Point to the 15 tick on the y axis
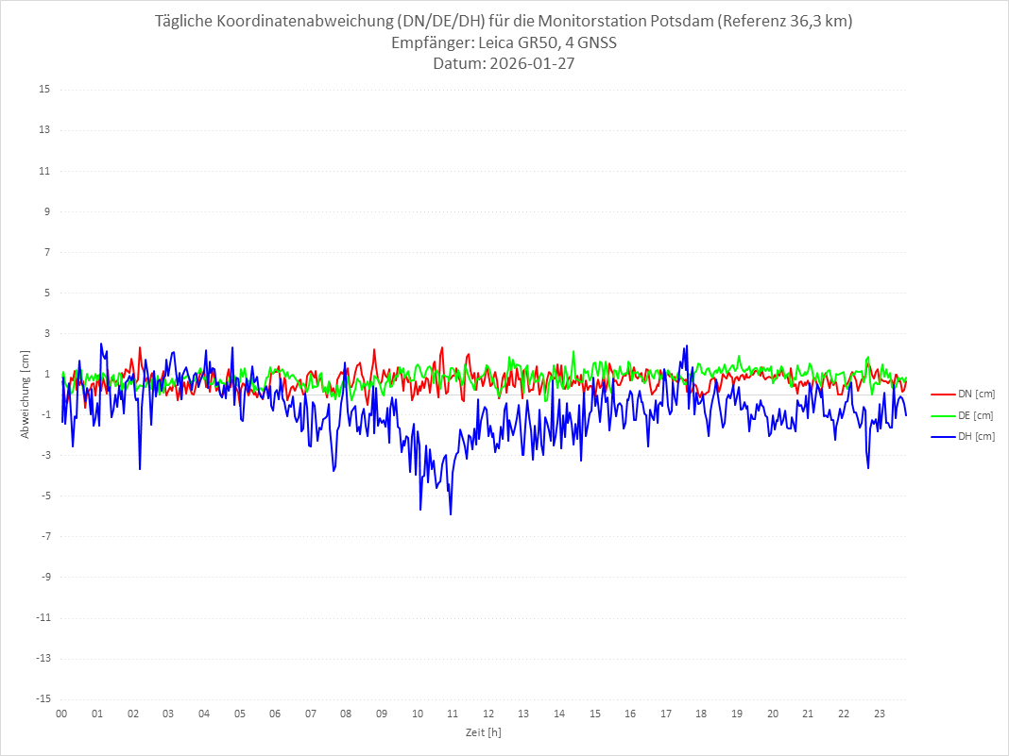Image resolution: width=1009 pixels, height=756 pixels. pyautogui.click(x=44, y=90)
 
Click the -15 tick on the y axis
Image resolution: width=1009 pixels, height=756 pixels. pyautogui.click(x=43, y=698)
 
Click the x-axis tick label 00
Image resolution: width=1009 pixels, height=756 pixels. pyautogui.click(x=61, y=714)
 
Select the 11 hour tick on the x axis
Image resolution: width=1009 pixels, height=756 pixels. pyautogui.click(x=453, y=714)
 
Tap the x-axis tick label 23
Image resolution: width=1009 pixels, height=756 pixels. pyautogui.click(x=880, y=714)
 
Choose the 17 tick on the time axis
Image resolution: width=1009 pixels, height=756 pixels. pyautogui.click(x=666, y=714)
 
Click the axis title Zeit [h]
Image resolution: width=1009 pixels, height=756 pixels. pyautogui.click(x=483, y=731)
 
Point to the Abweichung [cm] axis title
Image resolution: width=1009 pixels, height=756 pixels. pyautogui.click(x=26, y=394)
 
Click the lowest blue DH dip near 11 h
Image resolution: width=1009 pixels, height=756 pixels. pyautogui.click(x=451, y=513)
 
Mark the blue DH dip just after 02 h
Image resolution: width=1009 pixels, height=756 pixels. pyautogui.click(x=140, y=468)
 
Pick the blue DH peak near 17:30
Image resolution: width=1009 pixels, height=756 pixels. pyautogui.click(x=686, y=346)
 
